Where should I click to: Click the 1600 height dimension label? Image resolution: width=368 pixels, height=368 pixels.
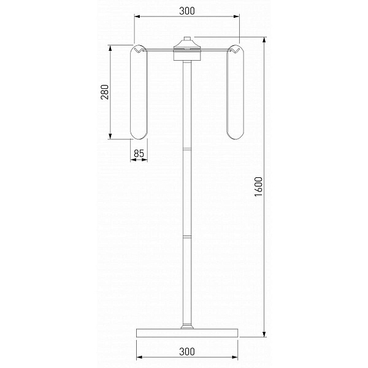[x=258, y=187]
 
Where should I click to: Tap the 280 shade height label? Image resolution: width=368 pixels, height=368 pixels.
[x=105, y=92]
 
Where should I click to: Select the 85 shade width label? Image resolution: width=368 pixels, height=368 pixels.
[x=139, y=153]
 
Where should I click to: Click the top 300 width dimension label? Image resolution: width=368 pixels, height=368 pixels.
[x=187, y=11]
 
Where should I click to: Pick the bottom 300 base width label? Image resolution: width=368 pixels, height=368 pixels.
[x=187, y=351]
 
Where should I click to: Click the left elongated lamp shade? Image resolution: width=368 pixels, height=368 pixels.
[x=139, y=92]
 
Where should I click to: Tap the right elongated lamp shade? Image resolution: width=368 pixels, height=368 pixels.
[x=235, y=92]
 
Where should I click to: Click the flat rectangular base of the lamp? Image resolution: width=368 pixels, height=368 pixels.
[x=187, y=333]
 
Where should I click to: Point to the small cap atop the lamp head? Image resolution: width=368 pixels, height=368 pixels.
[x=187, y=39]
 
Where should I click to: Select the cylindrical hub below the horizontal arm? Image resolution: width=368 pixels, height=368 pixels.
[x=187, y=56]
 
